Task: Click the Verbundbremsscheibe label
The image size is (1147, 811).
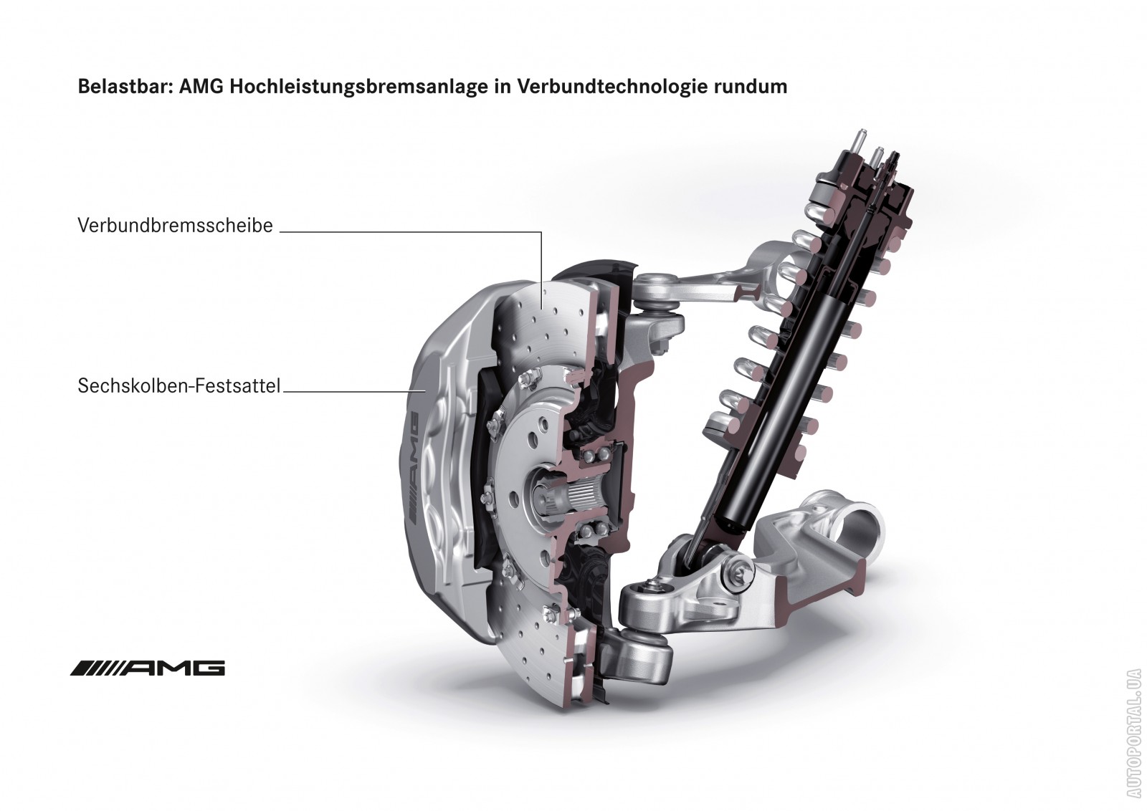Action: [175, 225]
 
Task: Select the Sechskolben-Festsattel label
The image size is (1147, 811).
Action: [179, 386]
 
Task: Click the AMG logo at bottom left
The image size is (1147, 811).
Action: [148, 668]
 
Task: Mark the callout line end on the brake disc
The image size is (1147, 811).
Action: [541, 309]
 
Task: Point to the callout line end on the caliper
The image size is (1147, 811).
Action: [426, 391]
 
